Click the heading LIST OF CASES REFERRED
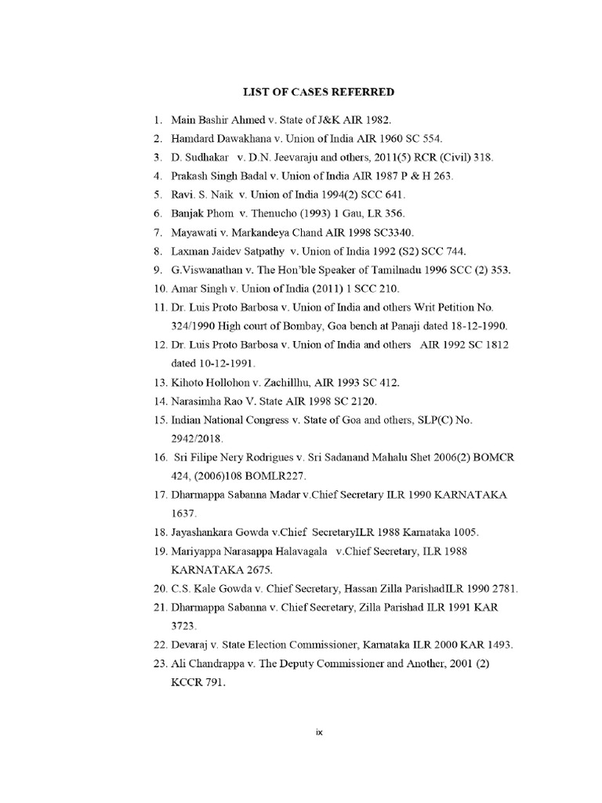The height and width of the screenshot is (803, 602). point(318,93)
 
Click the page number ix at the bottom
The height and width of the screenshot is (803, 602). point(319,732)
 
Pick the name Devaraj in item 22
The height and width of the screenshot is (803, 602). point(192,645)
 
